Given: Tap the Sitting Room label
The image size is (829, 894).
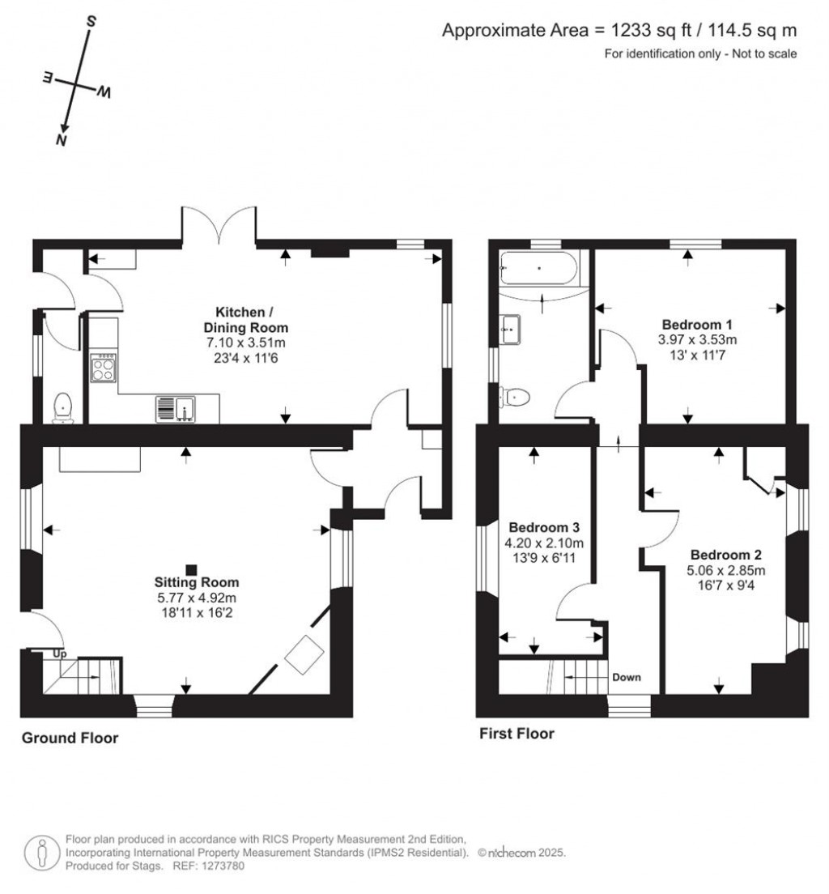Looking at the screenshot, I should (198, 582).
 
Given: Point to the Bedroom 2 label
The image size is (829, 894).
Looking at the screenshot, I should (725, 555).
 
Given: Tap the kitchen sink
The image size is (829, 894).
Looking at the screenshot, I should (176, 409).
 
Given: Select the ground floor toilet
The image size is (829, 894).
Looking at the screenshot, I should (62, 407).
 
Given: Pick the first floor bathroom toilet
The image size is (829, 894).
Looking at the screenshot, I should (516, 397).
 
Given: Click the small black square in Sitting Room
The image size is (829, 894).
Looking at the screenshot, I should (191, 569).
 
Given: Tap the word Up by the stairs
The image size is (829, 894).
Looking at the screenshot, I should (59, 653).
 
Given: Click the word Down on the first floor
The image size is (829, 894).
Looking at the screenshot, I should (627, 677).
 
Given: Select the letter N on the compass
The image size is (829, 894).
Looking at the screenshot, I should (61, 140).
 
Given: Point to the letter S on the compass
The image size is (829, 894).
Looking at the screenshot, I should (91, 22).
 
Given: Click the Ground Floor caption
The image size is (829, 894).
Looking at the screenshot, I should (70, 738).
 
